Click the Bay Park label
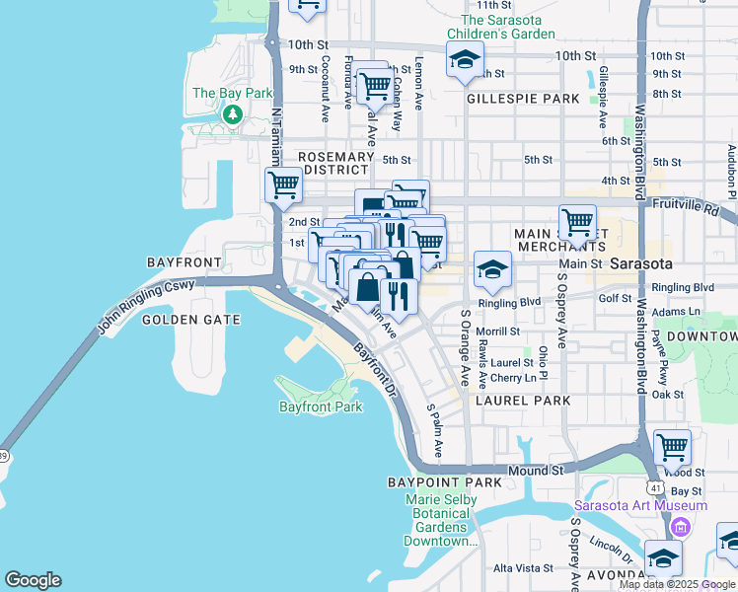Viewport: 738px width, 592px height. [232, 94]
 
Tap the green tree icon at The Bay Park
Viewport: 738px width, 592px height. [233, 114]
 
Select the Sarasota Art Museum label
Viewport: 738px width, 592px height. [639, 506]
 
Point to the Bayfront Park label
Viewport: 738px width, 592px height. [321, 407]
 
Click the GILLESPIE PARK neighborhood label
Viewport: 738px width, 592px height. [523, 99]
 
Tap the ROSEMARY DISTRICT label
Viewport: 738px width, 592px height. [337, 163]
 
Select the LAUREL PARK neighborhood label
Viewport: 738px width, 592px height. [523, 401]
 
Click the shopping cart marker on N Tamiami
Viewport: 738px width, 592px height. [283, 185]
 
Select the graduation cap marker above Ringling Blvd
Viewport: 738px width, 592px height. [492, 268]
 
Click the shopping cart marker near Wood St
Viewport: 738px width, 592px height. [672, 446]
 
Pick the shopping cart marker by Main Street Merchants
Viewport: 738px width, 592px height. [577, 222]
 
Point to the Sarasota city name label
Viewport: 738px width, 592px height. [641, 264]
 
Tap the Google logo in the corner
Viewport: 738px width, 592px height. [33, 580]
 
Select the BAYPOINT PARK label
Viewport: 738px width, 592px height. [445, 482]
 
